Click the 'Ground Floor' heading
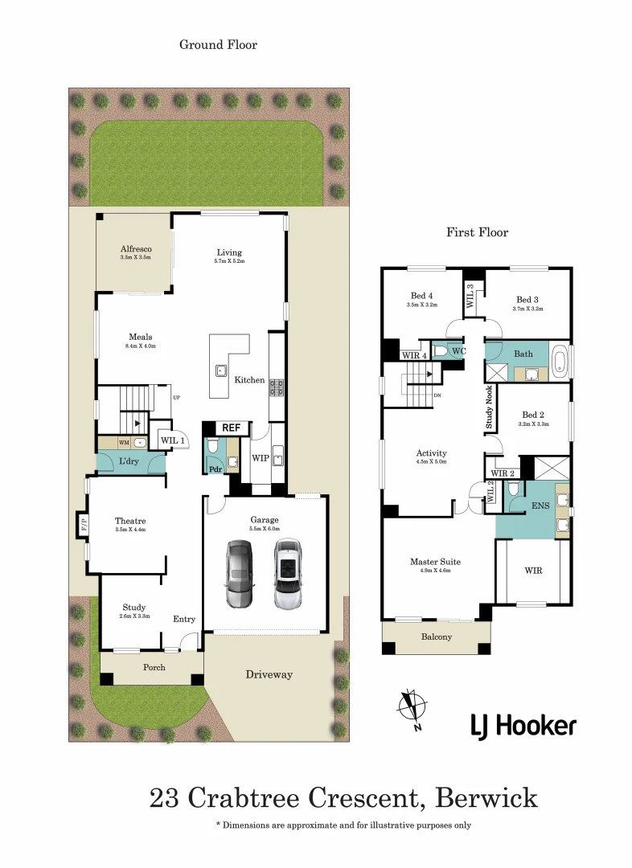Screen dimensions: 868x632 (x=218, y=45)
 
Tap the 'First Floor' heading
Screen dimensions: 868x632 (x=478, y=232)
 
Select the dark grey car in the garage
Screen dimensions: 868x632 (x=239, y=574)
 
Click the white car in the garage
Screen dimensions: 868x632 (x=287, y=574)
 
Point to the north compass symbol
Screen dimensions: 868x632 (x=412, y=708)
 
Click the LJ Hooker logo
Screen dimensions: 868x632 (x=523, y=726)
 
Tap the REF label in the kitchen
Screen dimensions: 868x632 (x=232, y=428)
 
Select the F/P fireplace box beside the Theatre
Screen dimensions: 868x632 (x=83, y=524)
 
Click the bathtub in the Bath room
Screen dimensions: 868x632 (x=560, y=362)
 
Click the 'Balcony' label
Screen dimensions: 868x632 (x=437, y=637)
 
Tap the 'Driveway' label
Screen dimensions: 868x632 (x=269, y=674)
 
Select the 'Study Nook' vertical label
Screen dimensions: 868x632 (x=489, y=409)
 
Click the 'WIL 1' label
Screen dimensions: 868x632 (x=173, y=440)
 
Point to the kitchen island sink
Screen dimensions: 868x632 (x=220, y=371)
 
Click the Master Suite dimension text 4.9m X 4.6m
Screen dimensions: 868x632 (x=435, y=571)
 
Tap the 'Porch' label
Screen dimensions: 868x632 (x=154, y=667)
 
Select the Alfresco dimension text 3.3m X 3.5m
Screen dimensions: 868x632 (x=136, y=259)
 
